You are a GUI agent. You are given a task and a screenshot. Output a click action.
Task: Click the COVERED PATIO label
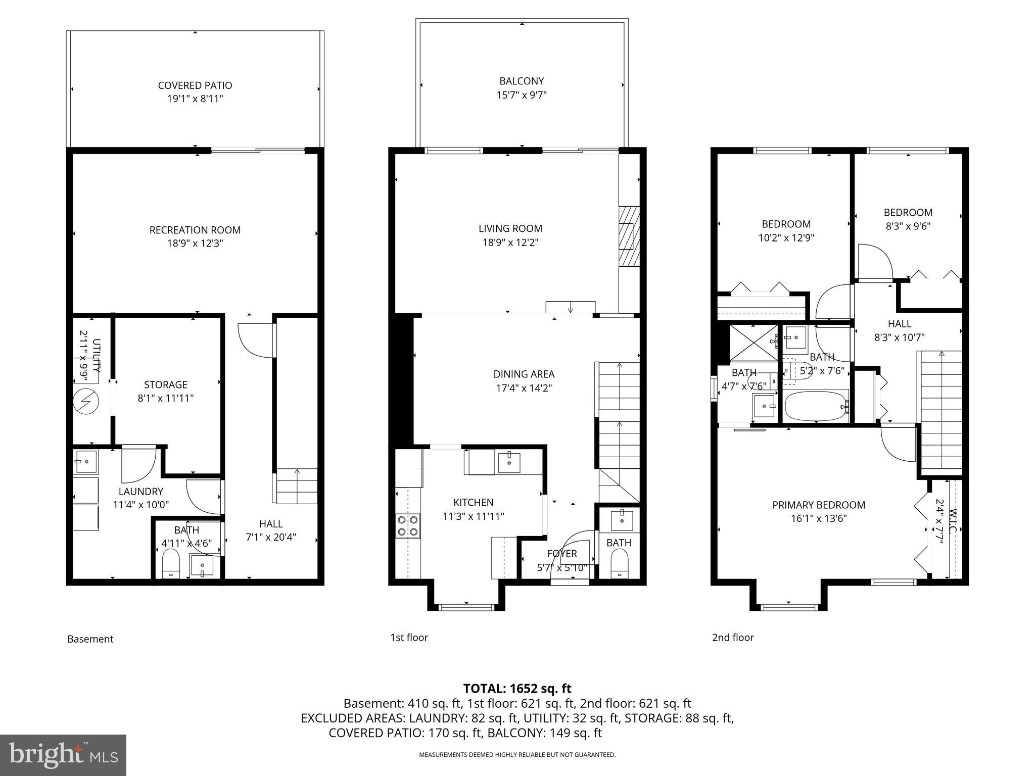195,85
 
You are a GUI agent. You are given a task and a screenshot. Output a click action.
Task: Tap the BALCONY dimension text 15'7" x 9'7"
521,95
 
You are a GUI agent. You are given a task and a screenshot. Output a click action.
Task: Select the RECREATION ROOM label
195,230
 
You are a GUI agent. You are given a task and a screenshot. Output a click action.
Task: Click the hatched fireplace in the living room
629,235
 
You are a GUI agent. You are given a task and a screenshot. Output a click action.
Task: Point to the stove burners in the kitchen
407,525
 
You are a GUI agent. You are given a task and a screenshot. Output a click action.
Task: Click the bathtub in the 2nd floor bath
815,406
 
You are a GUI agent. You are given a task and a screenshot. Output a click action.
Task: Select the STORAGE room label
165,384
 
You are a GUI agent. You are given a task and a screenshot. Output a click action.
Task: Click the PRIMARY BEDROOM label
818,505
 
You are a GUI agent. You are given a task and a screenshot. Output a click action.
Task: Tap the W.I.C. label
953,520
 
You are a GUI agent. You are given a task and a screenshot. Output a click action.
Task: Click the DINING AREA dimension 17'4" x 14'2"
524,388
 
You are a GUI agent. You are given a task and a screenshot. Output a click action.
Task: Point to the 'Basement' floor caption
90,639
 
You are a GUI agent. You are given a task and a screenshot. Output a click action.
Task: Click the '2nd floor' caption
732,638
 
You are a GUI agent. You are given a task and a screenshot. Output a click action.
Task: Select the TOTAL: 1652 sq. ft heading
517,688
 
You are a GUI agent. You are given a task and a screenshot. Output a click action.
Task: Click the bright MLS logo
63,755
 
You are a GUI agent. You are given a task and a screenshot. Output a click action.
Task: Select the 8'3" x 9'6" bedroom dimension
908,226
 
